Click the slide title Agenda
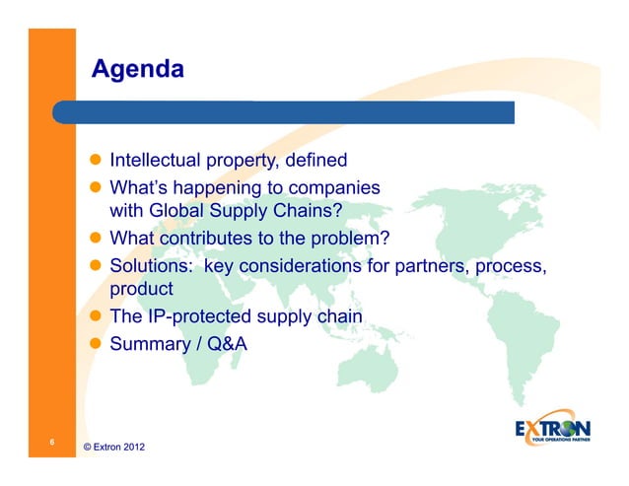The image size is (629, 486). click(137, 70)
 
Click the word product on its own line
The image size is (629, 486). click(141, 290)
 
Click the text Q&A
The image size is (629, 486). click(225, 344)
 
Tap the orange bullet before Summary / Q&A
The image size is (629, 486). click(98, 344)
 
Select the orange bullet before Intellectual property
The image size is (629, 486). click(98, 160)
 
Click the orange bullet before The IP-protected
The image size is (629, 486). click(98, 316)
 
